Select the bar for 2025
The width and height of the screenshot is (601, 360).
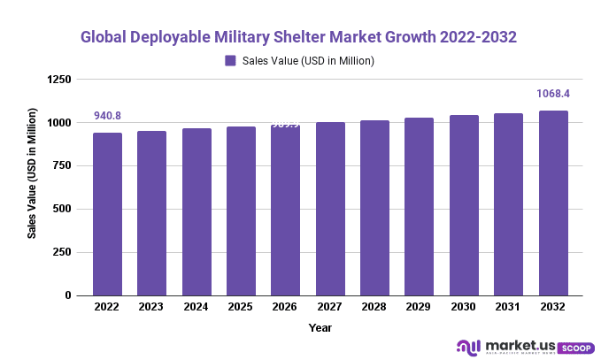[241, 211]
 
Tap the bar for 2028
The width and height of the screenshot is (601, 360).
[374, 208]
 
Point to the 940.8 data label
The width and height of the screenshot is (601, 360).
[108, 116]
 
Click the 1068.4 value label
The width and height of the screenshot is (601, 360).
[553, 93]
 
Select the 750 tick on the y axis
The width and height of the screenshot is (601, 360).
[64, 166]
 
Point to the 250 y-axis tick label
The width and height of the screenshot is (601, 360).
[64, 252]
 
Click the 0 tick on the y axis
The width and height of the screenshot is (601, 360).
[69, 295]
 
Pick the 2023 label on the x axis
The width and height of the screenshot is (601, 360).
[152, 308]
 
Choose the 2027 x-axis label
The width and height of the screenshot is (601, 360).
[330, 308]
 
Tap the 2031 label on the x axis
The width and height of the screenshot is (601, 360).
[508, 308]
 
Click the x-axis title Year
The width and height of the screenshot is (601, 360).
[320, 327]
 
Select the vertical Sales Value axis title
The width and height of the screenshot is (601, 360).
[32, 173]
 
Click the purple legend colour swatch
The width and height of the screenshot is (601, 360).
[230, 61]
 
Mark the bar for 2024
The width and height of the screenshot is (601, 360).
[196, 212]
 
